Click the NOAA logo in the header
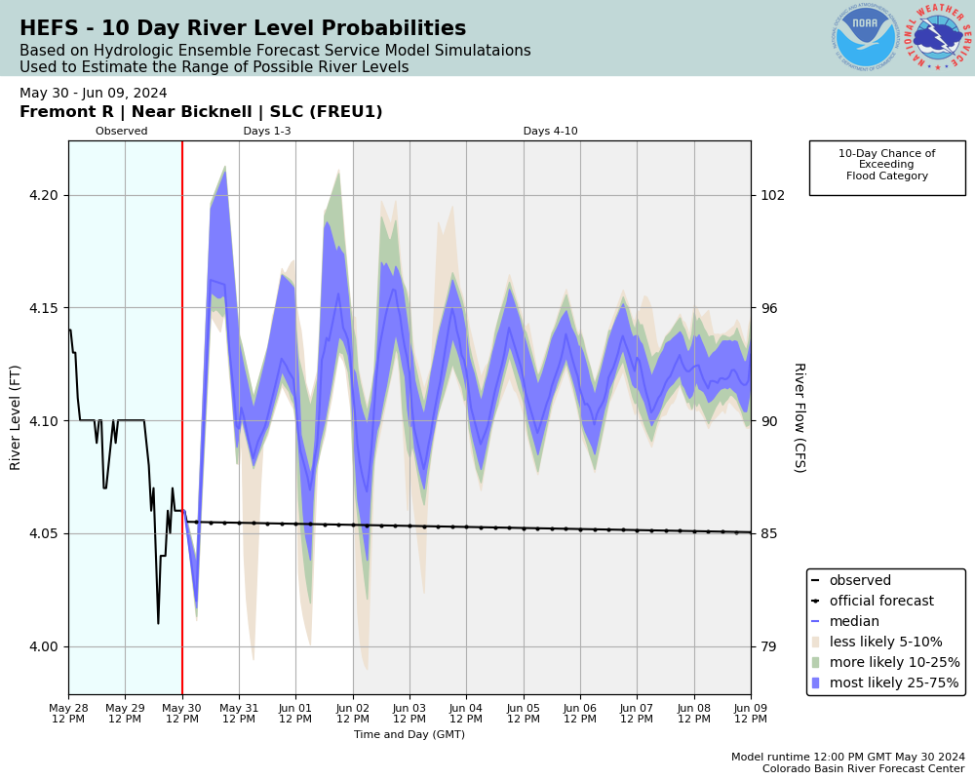tap(865, 38)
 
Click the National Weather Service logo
tap(938, 38)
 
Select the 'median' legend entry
tap(853, 622)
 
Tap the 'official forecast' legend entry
tap(880, 602)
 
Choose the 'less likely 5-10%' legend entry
tap(885, 643)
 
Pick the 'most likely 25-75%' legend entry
tap(893, 683)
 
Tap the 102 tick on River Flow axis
tap(772, 195)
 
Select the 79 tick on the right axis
tap(768, 646)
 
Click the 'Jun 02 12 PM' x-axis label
tap(353, 713)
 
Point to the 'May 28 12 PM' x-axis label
tap(68, 713)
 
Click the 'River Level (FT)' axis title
tap(16, 417)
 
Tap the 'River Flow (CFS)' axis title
tap(799, 417)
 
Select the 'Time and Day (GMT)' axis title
tap(409, 735)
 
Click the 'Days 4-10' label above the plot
tap(550, 132)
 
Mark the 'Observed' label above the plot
tap(122, 132)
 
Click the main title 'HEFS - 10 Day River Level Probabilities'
tap(243, 29)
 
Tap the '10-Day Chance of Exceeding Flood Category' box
tap(886, 166)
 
